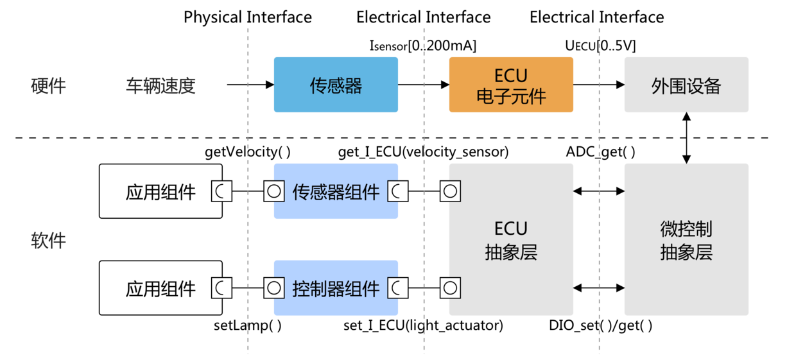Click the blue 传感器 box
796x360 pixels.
336,85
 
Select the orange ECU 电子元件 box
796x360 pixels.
511,85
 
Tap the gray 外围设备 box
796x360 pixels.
686,85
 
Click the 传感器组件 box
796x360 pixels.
336,191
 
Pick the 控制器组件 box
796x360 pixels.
336,288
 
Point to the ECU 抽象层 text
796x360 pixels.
511,241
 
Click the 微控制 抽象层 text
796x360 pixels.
686,241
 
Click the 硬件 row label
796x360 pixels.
49,85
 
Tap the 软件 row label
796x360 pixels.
49,241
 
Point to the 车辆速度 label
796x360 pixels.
160,85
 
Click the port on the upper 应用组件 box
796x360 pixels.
221,191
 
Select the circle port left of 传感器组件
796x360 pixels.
274,191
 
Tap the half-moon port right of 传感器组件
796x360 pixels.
397,191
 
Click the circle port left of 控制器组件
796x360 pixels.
274,288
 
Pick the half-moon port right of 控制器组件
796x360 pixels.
397,288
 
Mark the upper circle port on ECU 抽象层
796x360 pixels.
450,191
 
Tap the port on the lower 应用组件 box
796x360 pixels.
221,288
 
